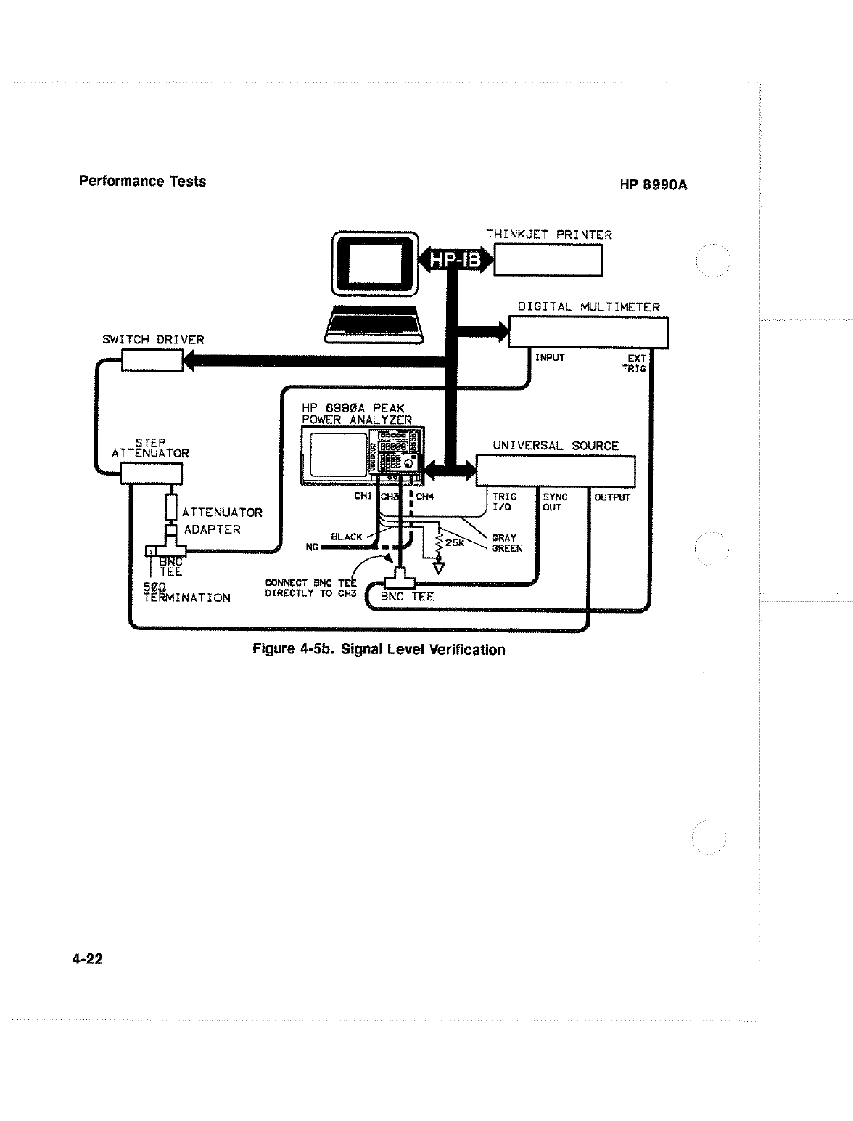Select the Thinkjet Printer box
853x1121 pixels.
coord(548,260)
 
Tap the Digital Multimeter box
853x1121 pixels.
coord(588,333)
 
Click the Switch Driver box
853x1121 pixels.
coord(152,359)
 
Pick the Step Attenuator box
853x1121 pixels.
coord(150,474)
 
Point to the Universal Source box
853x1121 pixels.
coord(556,470)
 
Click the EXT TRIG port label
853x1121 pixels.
coord(635,364)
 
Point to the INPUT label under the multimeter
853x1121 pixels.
coord(549,357)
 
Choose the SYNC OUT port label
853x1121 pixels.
coord(555,502)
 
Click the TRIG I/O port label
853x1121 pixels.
coord(504,502)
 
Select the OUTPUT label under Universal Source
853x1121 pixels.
coord(612,497)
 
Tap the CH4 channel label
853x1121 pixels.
coord(424,497)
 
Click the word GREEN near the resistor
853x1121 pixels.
coord(506,548)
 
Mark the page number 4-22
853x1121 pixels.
coord(87,959)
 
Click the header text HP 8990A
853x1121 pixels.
coord(653,185)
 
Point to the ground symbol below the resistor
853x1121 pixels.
coord(438,567)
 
